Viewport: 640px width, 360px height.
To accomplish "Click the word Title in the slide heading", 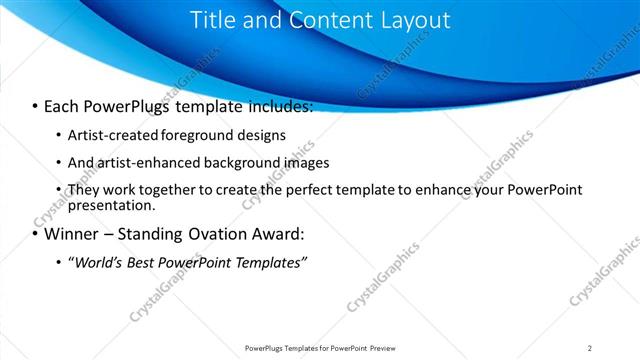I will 211,20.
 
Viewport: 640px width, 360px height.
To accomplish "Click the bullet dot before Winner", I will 35,235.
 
